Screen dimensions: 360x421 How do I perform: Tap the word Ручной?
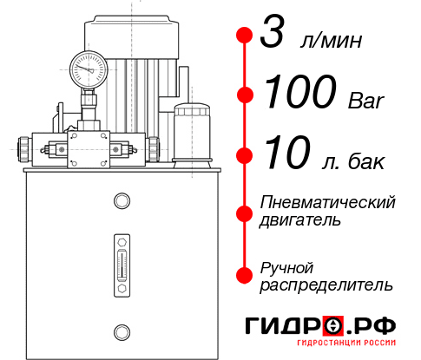286,266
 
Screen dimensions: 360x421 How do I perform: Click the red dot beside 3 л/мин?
244,36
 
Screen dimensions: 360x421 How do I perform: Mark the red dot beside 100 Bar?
244,95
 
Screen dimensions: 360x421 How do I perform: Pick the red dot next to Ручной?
244,274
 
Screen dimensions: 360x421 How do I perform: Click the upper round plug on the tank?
121,201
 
